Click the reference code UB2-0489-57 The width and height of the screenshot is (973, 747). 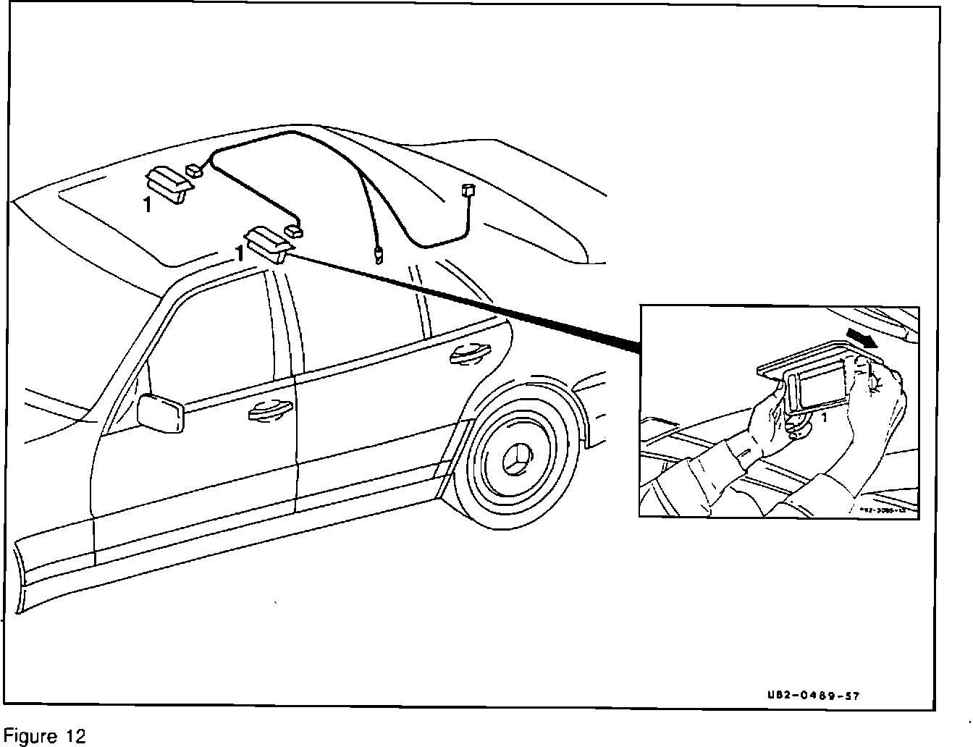(813, 696)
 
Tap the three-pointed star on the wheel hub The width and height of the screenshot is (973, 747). (519, 457)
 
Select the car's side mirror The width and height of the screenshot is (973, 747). (161, 413)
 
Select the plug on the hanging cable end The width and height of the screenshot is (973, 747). (379, 255)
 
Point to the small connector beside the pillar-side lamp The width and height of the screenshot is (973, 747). (295, 231)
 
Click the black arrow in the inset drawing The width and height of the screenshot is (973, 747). (863, 338)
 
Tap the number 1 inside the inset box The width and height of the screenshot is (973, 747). (823, 418)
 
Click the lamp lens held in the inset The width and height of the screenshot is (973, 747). (823, 385)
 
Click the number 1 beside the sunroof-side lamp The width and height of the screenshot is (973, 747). (148, 205)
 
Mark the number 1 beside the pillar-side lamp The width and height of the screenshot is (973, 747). (238, 253)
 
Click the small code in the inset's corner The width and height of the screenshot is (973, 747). (887, 510)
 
